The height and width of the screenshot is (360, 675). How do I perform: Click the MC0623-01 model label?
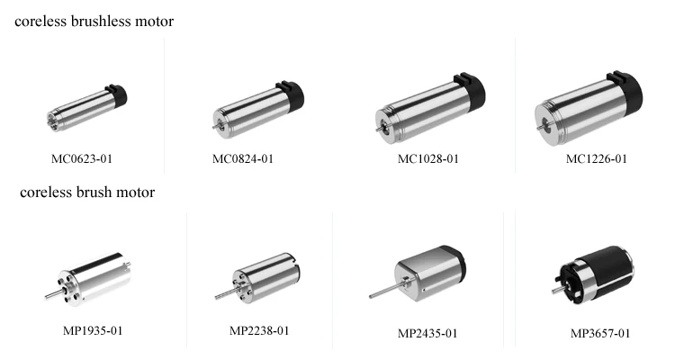(x=82, y=159)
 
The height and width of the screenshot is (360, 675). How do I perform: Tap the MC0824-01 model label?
(x=243, y=159)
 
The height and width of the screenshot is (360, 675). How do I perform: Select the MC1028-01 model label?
(x=428, y=159)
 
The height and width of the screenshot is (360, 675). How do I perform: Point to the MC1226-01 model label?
(x=597, y=159)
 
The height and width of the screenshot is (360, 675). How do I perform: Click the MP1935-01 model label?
(x=92, y=330)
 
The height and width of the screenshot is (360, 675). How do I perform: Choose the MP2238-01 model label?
(x=259, y=330)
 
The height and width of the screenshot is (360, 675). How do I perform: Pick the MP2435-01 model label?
(x=427, y=333)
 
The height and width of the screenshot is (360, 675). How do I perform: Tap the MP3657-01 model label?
(x=600, y=333)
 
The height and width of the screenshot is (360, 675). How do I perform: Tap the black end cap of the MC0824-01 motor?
(x=290, y=93)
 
